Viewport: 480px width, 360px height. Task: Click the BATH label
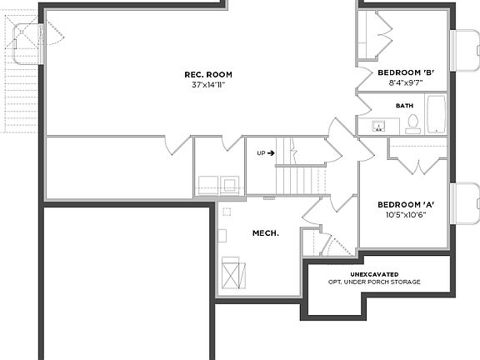click(404, 106)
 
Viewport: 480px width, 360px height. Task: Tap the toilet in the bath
click(412, 124)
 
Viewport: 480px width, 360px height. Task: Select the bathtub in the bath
click(436, 114)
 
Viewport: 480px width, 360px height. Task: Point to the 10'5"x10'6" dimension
click(407, 214)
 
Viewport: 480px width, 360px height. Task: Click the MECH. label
click(265, 233)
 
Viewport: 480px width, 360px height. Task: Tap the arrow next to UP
click(272, 153)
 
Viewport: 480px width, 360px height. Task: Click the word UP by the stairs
click(261, 153)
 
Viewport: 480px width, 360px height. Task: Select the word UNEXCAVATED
click(374, 274)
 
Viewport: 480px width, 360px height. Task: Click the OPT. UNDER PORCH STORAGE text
click(374, 282)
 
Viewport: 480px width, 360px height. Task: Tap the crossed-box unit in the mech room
click(233, 274)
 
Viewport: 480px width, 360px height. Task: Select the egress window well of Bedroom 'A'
click(464, 204)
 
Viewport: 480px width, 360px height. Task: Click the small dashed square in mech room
click(227, 212)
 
